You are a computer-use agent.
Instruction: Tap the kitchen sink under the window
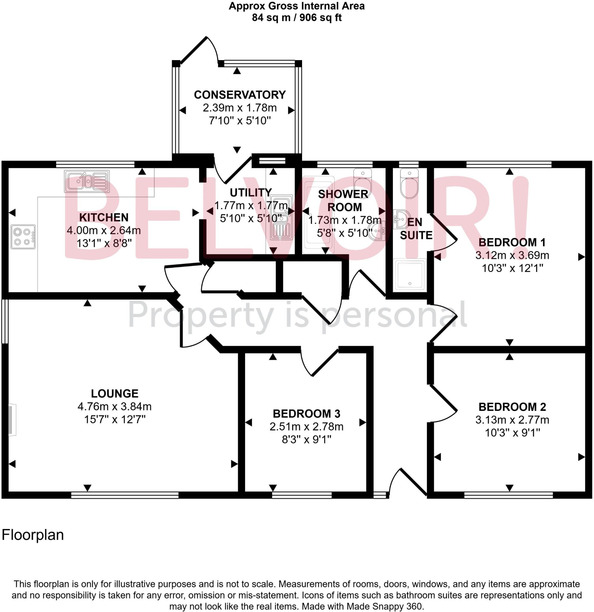pos(87,181)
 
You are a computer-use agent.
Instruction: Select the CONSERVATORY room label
pos(240,95)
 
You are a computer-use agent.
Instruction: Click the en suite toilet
pos(409,184)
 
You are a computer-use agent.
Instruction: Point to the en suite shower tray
pos(410,275)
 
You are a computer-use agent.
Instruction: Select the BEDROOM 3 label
pos(306,414)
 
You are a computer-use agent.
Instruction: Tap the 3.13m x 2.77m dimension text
pos(512,420)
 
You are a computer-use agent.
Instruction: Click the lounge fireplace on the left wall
pos(12,420)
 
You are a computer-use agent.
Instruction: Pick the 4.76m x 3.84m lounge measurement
pos(114,406)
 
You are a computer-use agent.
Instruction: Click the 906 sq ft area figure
pos(321,18)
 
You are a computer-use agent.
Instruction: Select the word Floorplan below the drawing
pos(33,535)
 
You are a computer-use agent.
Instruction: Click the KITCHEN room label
pos(104,217)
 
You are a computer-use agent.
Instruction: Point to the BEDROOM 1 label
pos(512,242)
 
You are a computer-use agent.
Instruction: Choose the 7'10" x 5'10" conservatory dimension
pos(239,121)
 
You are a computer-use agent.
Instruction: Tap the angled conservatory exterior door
pos(194,50)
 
